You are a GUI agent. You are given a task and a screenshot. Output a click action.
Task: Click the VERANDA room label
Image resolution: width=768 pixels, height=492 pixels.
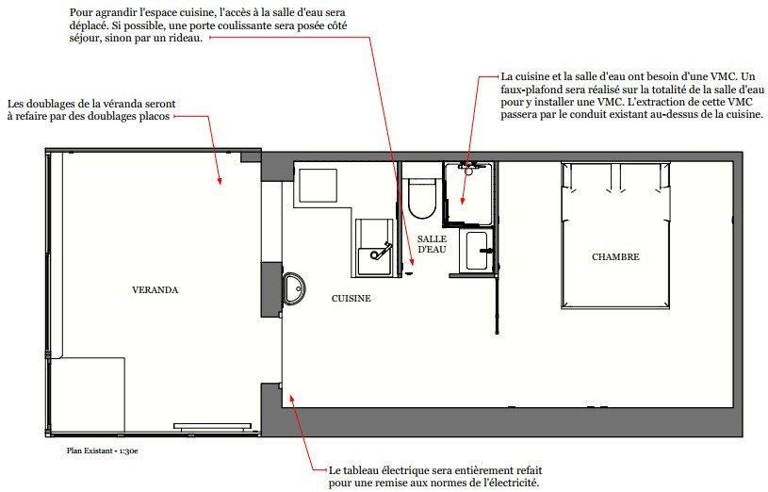[x=155, y=290]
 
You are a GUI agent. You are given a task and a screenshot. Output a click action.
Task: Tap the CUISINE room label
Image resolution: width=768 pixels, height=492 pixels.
[x=351, y=298]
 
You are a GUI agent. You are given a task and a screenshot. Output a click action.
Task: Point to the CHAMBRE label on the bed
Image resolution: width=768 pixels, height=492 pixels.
[x=615, y=256]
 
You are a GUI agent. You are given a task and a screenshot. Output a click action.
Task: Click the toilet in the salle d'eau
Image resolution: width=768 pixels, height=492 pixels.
[x=421, y=195]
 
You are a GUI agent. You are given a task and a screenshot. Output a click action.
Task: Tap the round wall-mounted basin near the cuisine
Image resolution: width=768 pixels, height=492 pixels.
[x=294, y=288]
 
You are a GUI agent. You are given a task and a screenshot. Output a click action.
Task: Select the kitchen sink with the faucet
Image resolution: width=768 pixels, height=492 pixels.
[x=377, y=248]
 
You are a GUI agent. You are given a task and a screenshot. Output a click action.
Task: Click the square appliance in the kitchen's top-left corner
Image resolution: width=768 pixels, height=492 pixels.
[x=319, y=189]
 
